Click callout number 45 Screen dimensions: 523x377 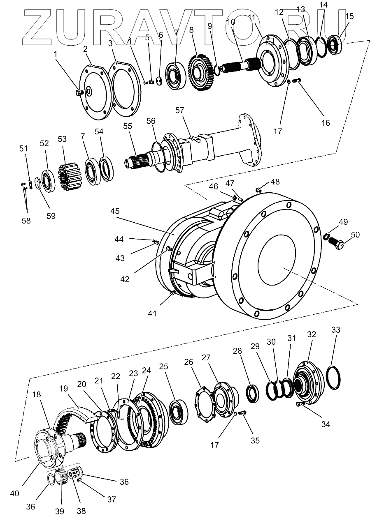tap(115, 211)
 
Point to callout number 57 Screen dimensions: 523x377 tap(180, 111)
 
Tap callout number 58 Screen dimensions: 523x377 tap(26, 221)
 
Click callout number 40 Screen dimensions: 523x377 tap(14, 493)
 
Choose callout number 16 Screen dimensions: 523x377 tap(326, 122)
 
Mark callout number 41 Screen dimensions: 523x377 tap(153, 313)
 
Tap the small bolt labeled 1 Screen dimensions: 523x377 tap(79, 93)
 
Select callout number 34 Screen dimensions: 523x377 tap(326, 424)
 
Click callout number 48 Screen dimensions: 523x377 tap(275, 182)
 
